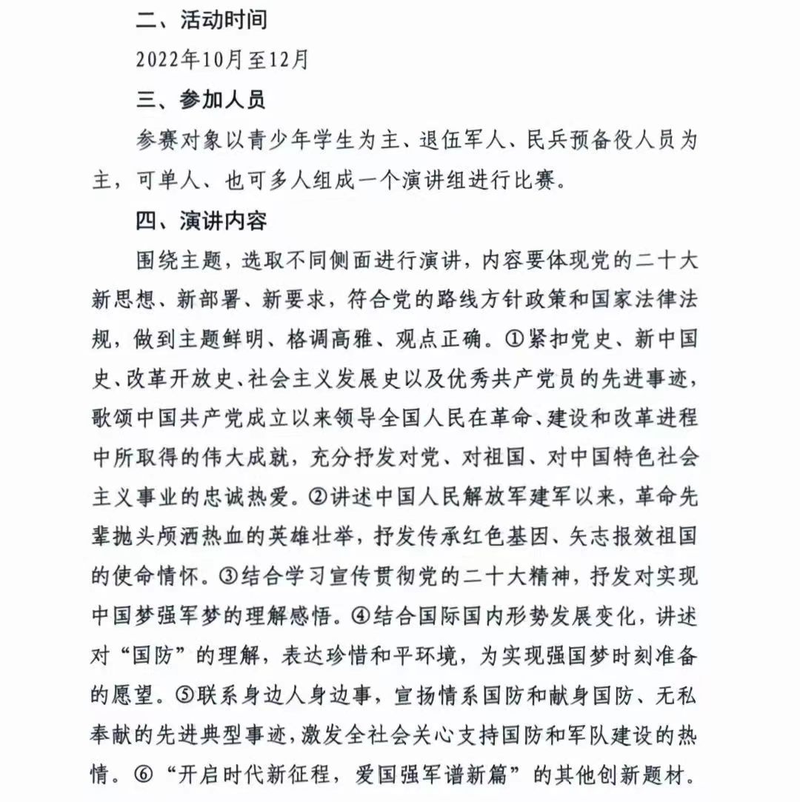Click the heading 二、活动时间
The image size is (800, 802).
(x=201, y=20)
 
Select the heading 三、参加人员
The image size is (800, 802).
(x=201, y=99)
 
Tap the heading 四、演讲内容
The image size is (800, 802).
(x=201, y=221)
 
